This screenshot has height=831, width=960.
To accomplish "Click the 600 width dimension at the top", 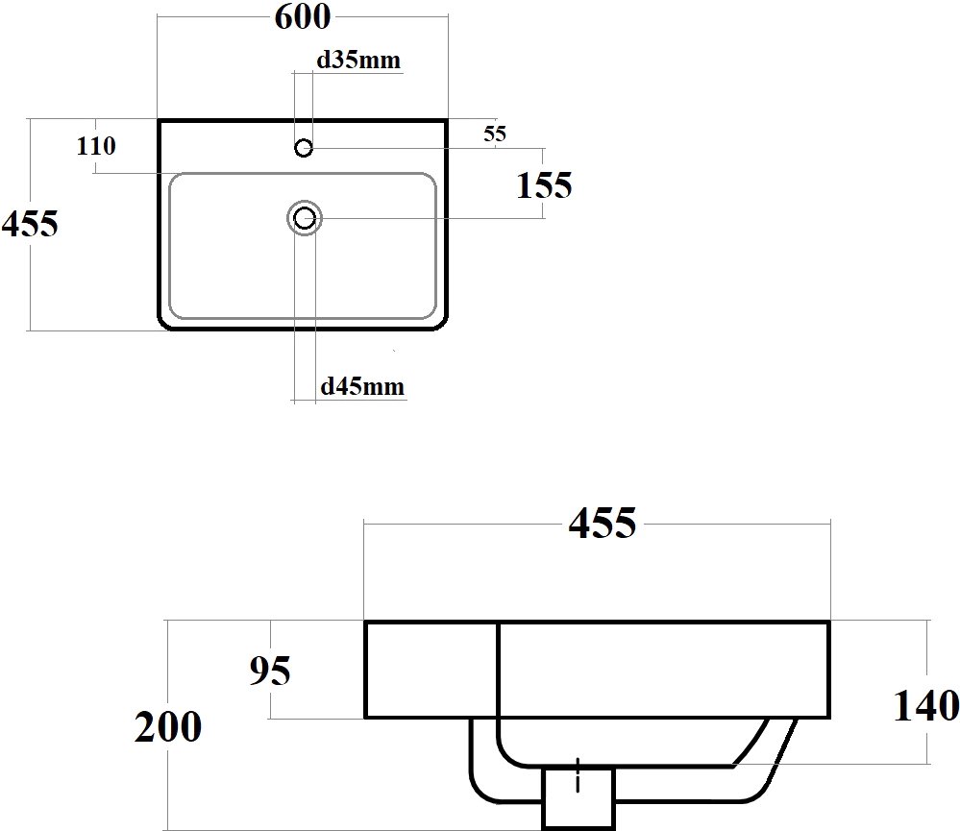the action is pos(303,17).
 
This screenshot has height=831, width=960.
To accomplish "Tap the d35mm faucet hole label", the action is pos(358,60).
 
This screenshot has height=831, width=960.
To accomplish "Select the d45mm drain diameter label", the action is pos(362,386).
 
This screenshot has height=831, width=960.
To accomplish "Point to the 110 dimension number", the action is pos(96,146).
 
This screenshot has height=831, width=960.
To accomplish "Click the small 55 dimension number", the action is pos(495,134).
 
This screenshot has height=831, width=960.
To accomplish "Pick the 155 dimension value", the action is pos(544,185).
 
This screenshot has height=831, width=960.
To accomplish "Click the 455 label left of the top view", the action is pos(30,223).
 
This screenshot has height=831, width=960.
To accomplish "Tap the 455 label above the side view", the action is pos(603,524).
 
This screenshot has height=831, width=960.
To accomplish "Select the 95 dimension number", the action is pos(269,670).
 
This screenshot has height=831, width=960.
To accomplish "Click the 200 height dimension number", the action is pos(168,727).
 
